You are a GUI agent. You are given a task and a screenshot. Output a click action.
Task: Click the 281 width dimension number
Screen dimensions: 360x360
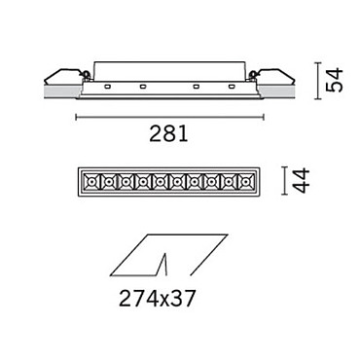(168, 134)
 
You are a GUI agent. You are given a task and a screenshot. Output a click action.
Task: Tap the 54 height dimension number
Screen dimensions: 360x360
(334, 80)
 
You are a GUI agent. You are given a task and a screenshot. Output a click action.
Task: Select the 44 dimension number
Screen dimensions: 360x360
(301, 181)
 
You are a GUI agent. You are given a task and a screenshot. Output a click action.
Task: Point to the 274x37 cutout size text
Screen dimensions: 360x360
(158, 299)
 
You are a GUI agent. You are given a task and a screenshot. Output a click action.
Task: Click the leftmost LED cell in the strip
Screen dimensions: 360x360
(91, 182)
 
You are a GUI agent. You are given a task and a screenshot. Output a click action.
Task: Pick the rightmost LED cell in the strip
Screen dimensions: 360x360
(245, 182)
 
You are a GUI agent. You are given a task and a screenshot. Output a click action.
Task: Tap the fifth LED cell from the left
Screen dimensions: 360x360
(160, 182)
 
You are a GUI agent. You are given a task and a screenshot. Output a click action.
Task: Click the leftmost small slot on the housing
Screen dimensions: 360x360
(107, 87)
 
